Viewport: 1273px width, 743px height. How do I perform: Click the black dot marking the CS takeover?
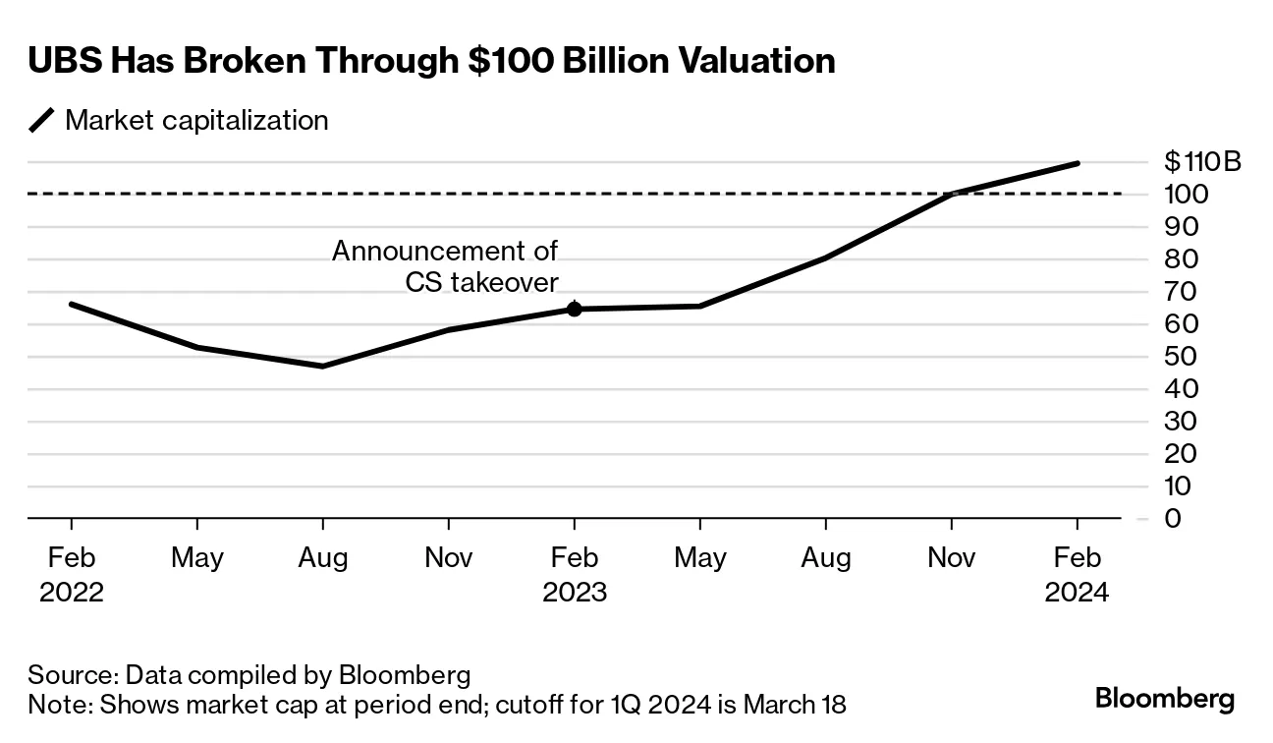(x=575, y=309)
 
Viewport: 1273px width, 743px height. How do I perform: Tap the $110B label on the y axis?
(x=1201, y=161)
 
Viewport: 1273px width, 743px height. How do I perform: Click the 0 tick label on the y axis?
(x=1172, y=518)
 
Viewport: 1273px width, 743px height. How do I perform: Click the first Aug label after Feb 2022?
(x=323, y=558)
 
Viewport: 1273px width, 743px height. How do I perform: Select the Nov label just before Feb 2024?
(x=951, y=558)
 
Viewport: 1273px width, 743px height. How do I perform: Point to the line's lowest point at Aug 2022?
(x=323, y=366)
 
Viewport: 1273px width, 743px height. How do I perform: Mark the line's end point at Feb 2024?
(x=1078, y=163)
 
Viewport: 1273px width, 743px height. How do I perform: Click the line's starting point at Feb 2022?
(x=71, y=304)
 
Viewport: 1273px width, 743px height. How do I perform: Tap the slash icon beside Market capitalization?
(x=42, y=121)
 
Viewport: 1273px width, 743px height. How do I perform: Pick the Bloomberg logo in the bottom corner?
(x=1164, y=699)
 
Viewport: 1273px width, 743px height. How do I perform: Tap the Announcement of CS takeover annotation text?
(x=445, y=266)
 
